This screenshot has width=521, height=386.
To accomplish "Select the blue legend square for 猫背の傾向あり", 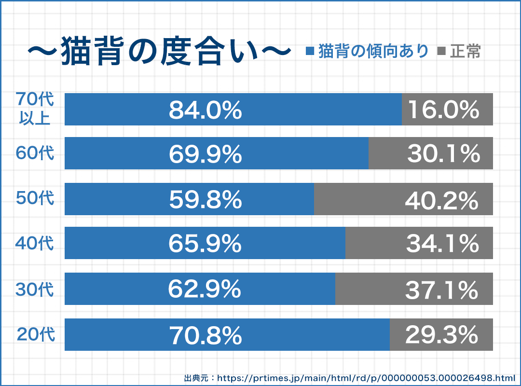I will [310, 51].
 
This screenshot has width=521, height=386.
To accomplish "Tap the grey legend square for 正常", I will [441, 51].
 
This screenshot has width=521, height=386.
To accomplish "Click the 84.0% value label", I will [205, 110].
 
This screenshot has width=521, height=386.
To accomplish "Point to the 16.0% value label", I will [444, 110].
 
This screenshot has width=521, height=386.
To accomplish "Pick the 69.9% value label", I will [205, 154].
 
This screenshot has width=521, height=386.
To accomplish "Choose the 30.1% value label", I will [444, 154].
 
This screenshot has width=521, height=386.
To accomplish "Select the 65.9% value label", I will [205, 244].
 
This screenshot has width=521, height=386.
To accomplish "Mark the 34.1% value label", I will [443, 244].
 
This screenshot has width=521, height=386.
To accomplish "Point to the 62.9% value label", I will [205, 289].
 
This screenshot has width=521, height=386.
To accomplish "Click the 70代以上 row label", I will [35, 108].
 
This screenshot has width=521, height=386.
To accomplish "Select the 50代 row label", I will [35, 198].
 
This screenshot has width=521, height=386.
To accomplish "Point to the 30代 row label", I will [35, 289].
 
